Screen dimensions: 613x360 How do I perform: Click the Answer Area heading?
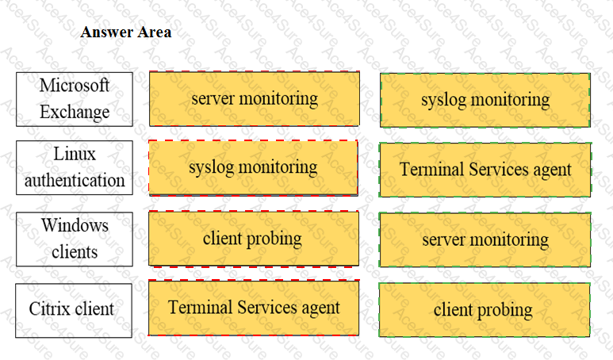(126, 32)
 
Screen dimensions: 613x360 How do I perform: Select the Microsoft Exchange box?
(75, 99)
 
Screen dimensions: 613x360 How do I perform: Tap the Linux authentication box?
(75, 167)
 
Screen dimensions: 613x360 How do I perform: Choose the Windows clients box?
(75, 239)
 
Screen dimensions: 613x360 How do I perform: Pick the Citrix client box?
(74, 310)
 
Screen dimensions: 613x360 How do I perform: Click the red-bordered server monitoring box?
(255, 98)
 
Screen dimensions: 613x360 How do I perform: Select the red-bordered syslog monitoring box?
(253, 167)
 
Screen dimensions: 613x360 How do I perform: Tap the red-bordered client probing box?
(254, 239)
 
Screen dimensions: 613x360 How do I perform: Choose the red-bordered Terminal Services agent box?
(254, 308)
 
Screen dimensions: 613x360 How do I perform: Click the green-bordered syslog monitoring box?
(485, 100)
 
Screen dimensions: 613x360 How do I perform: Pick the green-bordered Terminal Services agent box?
(485, 170)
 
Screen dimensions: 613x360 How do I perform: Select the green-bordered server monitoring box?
(485, 239)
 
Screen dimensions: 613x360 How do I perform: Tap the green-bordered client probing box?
(485, 310)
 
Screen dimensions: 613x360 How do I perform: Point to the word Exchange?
(75, 112)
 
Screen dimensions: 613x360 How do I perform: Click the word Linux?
(75, 154)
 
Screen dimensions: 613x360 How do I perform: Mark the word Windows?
(75, 225)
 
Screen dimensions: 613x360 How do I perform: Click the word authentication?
(75, 180)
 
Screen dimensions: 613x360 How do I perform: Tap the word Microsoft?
(75, 85)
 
